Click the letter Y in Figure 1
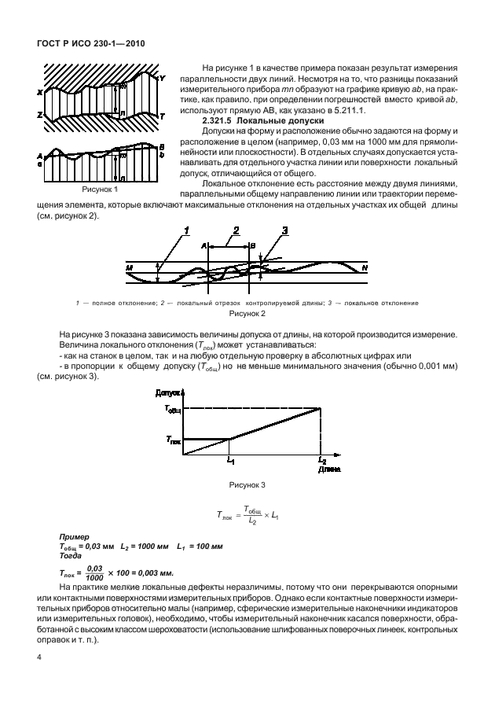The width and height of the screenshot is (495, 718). pos(162,79)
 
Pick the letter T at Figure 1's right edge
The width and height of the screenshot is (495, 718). pos(162,116)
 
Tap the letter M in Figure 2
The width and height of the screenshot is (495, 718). pos(128,268)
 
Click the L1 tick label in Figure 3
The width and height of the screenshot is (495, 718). pos(230,458)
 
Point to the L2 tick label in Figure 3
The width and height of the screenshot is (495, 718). pos(322,458)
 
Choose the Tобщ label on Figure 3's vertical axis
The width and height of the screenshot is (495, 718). pos(174,409)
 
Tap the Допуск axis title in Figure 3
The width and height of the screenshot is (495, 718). pos(168,391)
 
